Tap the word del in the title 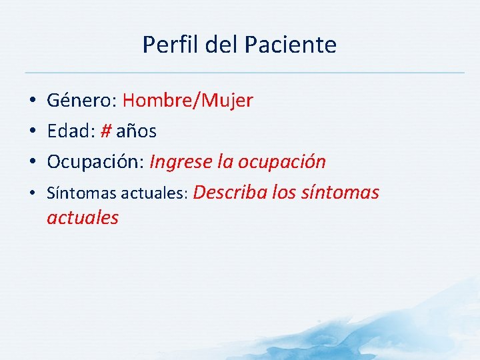(219, 45)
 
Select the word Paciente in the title (290, 45)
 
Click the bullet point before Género (32, 101)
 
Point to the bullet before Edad (32, 132)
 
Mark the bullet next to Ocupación (32, 162)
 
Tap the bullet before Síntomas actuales (32, 194)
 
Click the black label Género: (82, 101)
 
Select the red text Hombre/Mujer (188, 101)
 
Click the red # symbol (105, 131)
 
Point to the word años (137, 132)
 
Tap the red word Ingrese (181, 162)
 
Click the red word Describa (232, 193)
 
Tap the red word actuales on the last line (83, 217)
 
